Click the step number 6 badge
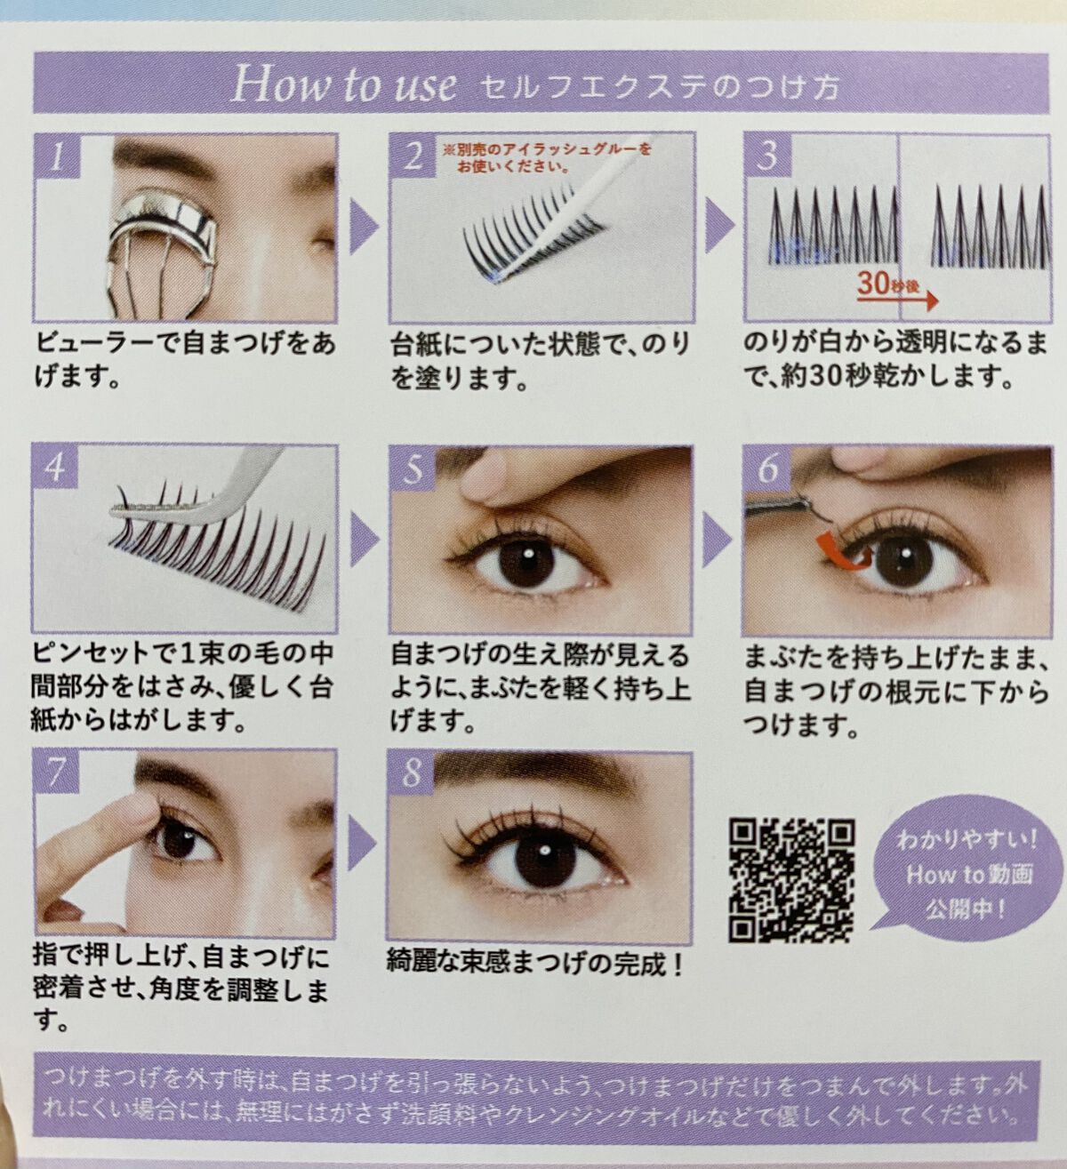(x=767, y=468)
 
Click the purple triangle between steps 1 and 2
(x=363, y=226)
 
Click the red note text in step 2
(x=546, y=157)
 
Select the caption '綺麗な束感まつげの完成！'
(x=534, y=965)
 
